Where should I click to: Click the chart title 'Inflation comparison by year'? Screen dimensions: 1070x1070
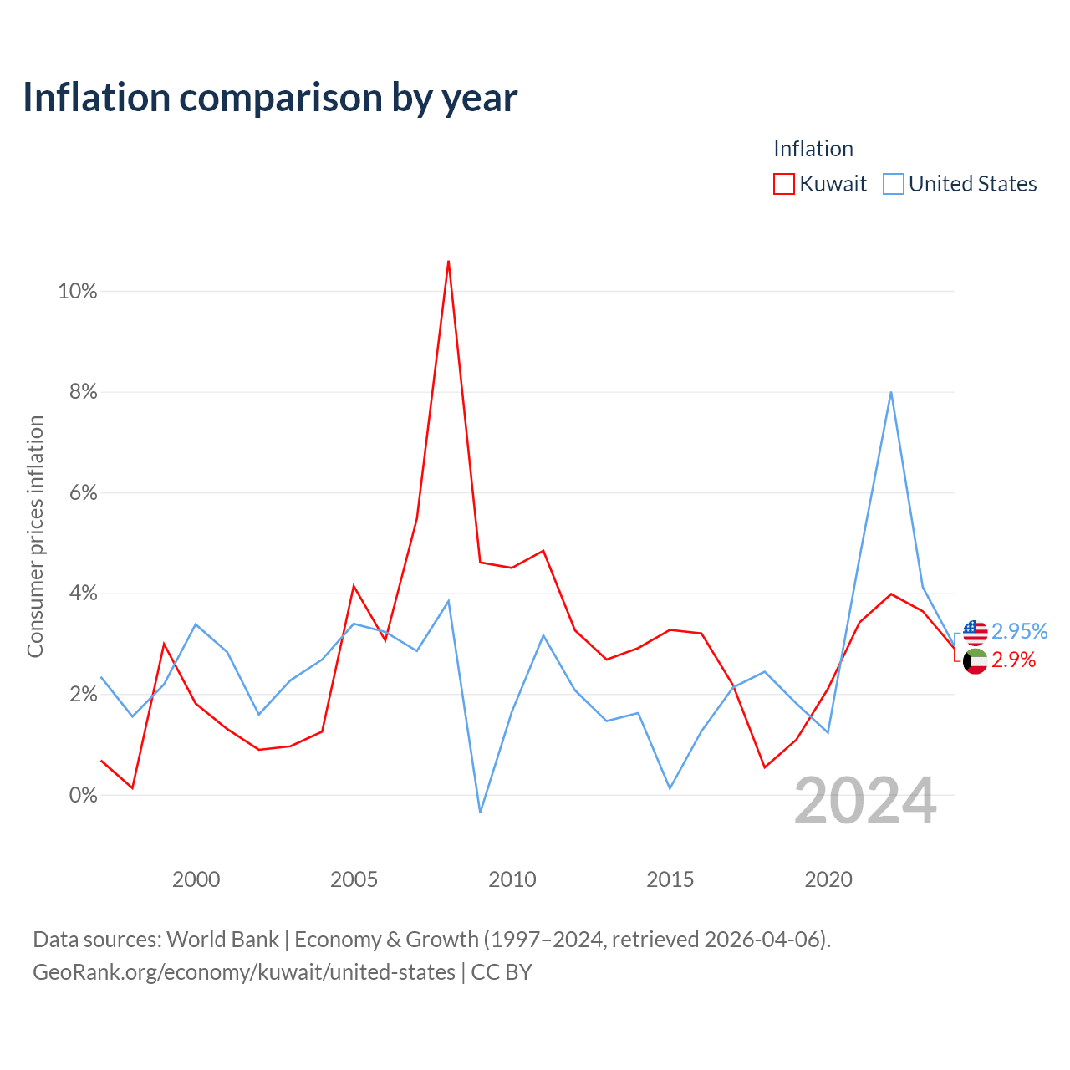[270, 99]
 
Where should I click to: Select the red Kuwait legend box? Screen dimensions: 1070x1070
[783, 184]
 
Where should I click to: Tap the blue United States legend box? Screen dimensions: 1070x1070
[893, 184]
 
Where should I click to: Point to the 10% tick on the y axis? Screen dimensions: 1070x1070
[78, 291]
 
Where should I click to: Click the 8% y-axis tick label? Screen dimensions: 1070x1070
[84, 392]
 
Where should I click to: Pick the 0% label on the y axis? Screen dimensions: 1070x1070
[84, 795]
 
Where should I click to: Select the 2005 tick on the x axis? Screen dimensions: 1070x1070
[354, 879]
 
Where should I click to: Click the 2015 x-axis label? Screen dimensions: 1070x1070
[670, 879]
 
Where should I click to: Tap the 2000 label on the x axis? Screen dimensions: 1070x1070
[196, 879]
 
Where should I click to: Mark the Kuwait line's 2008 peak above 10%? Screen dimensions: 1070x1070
[448, 261]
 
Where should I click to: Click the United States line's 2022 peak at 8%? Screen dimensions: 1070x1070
[890, 392]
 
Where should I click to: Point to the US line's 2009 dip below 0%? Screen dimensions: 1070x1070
[480, 813]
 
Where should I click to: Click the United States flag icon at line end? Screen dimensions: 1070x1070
[975, 633]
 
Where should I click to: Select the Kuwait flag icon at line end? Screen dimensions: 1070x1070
[975, 661]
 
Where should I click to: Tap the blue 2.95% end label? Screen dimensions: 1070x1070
[1020, 631]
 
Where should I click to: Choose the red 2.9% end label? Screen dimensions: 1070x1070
[1013, 660]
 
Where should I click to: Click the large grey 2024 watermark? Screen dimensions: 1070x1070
[866, 801]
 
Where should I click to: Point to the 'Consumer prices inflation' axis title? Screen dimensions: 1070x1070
[35, 537]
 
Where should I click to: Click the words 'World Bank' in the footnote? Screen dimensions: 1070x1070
[222, 940]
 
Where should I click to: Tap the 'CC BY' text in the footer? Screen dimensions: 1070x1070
[502, 972]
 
